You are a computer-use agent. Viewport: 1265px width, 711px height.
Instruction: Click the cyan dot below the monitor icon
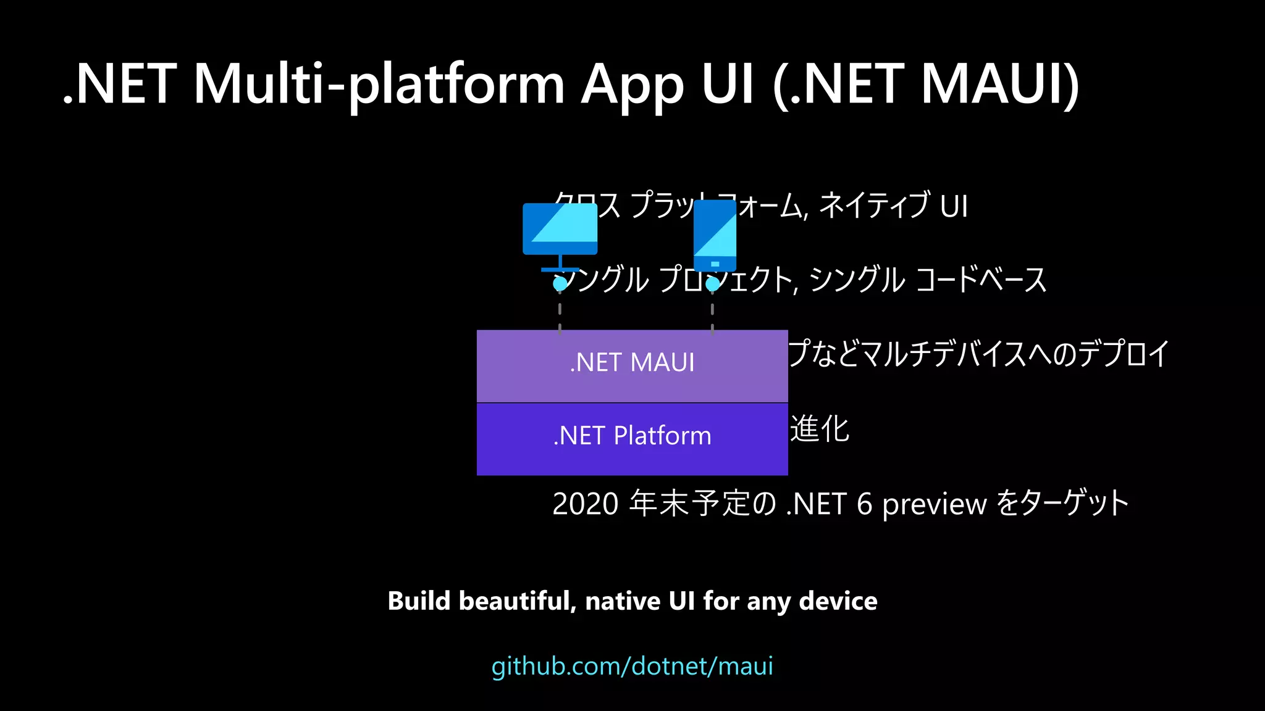pos(560,284)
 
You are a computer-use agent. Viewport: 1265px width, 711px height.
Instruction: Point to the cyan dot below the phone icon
pos(713,284)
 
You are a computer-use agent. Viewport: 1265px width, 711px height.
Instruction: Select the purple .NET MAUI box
pos(632,365)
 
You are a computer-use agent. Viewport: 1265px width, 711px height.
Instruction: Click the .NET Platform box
pos(632,438)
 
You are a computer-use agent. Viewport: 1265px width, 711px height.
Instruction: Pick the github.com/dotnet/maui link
pos(632,667)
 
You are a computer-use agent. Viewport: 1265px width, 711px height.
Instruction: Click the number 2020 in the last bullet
pos(585,504)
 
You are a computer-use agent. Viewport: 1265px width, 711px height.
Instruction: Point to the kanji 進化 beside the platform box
pos(820,429)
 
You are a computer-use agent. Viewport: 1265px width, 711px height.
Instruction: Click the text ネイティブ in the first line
pos(874,206)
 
